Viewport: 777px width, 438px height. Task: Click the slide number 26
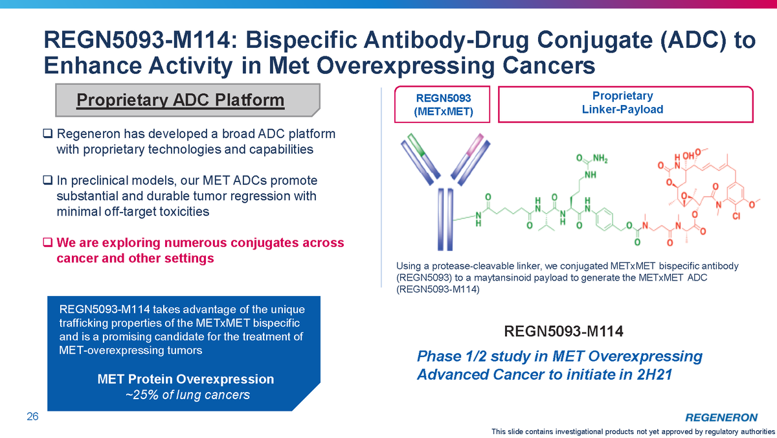pyautogui.click(x=32, y=416)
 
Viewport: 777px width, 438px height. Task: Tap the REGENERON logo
pyautogui.click(x=721, y=417)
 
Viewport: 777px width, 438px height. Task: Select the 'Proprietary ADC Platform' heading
pyautogui.click(x=181, y=100)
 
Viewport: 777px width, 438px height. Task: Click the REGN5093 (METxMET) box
pyautogui.click(x=442, y=104)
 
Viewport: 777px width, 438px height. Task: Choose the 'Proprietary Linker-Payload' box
pyautogui.click(x=625, y=104)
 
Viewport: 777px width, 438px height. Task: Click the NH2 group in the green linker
pyautogui.click(x=600, y=159)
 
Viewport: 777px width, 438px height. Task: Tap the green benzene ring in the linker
pyautogui.click(x=605, y=219)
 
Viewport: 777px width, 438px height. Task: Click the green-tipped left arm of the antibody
pyautogui.click(x=420, y=159)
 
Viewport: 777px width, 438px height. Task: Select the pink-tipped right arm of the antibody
pyautogui.click(x=470, y=159)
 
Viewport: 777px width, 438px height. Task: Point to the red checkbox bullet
pyautogui.click(x=47, y=242)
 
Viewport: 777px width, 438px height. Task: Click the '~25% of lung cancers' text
pyautogui.click(x=187, y=395)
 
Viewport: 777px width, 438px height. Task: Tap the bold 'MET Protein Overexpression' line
pyautogui.click(x=186, y=379)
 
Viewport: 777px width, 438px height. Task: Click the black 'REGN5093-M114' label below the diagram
pyautogui.click(x=563, y=331)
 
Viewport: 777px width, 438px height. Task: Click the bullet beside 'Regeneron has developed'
pyautogui.click(x=47, y=133)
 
